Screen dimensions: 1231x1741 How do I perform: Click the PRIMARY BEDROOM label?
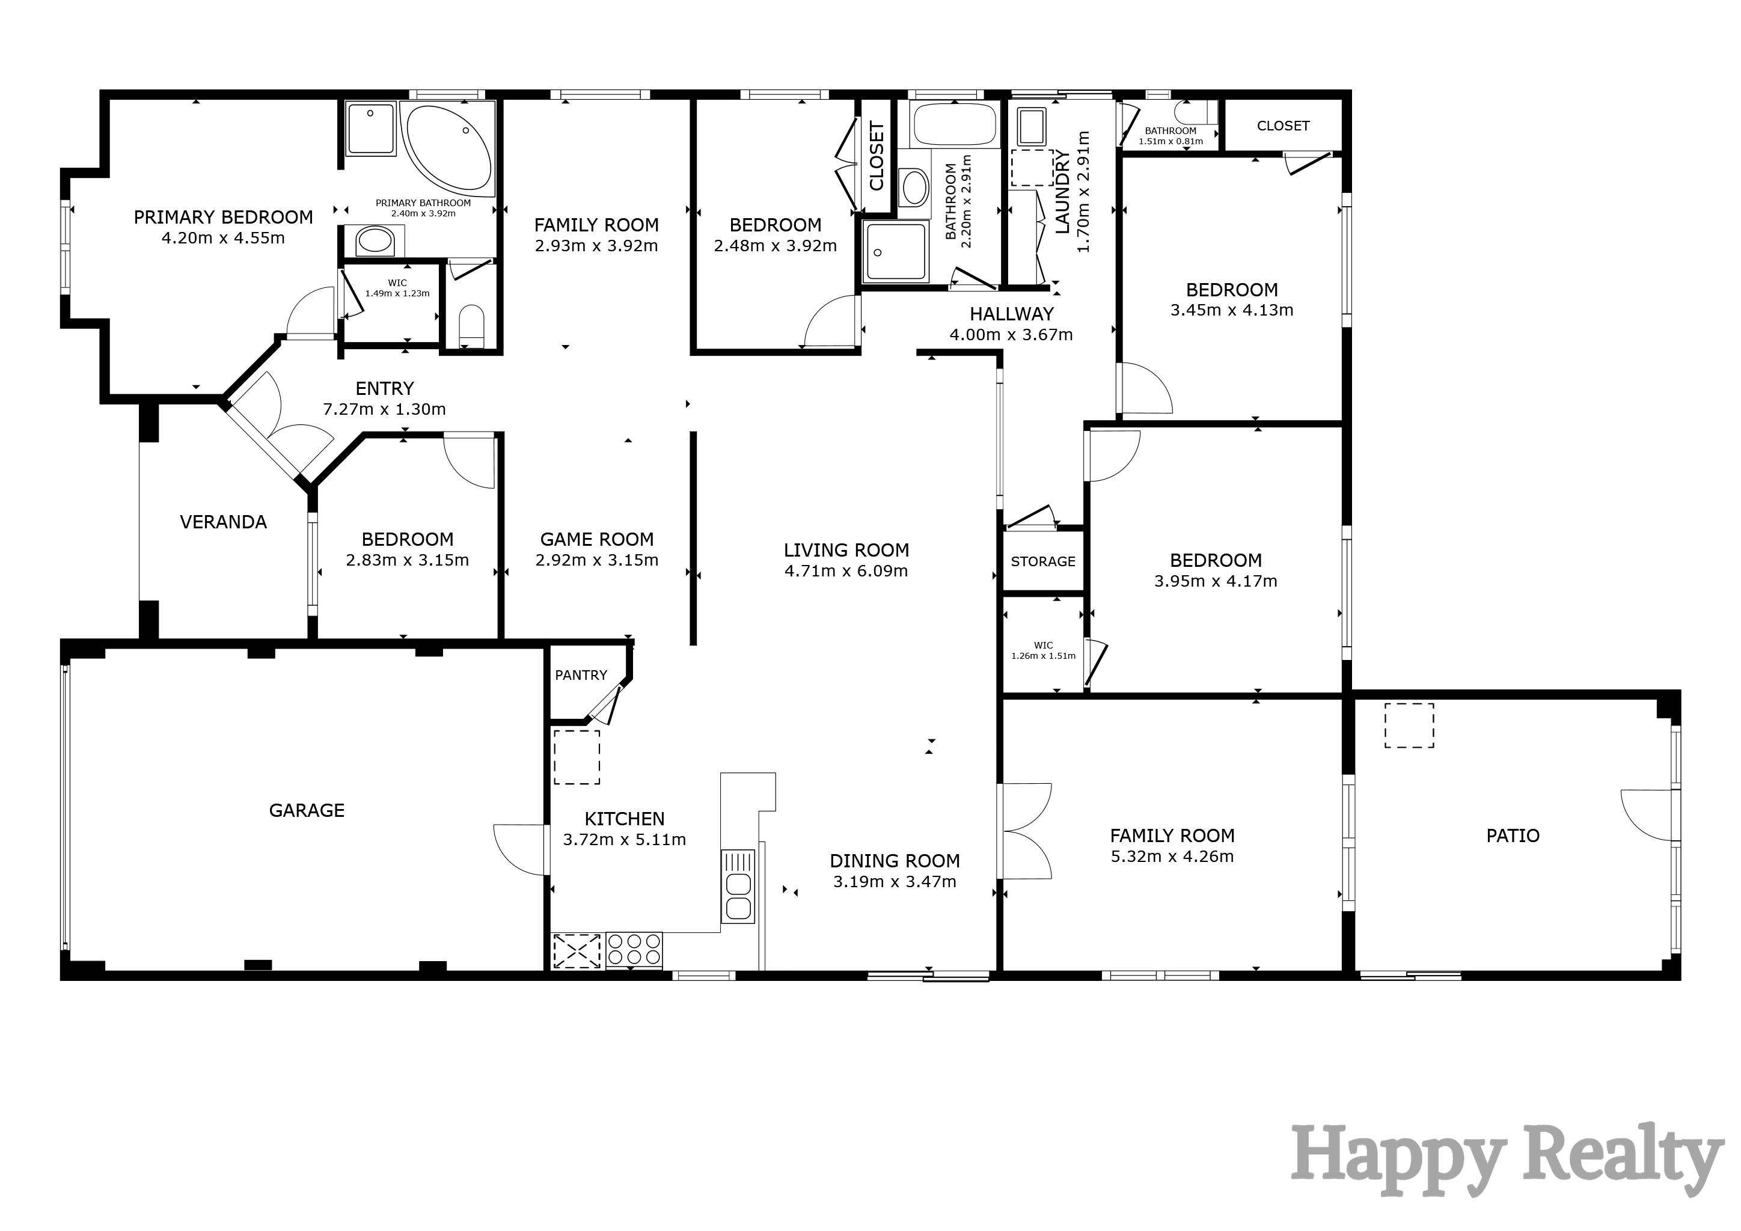click(x=223, y=218)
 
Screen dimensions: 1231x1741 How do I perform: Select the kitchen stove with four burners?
click(x=634, y=950)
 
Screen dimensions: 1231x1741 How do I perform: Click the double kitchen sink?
click(x=738, y=895)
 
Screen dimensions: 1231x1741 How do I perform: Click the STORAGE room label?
click(x=1042, y=561)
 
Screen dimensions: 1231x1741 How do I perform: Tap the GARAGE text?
click(x=307, y=810)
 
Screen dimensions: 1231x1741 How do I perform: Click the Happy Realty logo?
click(x=1505, y=1161)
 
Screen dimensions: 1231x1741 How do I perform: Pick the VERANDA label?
click(x=223, y=522)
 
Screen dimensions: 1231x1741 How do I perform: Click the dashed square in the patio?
click(x=1409, y=725)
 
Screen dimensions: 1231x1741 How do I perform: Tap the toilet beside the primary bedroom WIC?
click(x=472, y=323)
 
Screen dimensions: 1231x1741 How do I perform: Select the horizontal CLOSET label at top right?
click(x=1283, y=126)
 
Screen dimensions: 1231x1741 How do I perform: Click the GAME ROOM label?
click(x=597, y=540)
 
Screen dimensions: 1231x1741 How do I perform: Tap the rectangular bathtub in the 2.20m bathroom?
click(x=954, y=125)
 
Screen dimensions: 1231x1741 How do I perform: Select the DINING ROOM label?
click(x=895, y=861)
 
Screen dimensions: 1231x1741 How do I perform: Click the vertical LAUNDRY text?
click(x=1063, y=192)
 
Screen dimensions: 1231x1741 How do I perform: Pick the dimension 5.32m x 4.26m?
click(x=1172, y=857)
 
